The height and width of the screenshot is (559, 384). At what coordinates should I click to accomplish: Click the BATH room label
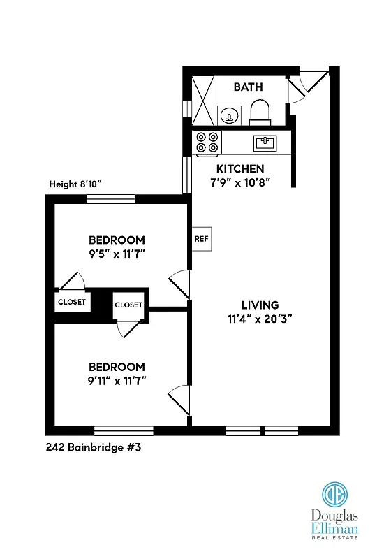tap(248, 87)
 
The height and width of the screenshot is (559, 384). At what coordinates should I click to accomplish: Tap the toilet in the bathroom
tap(259, 111)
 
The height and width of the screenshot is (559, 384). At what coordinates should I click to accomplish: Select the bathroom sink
tap(228, 115)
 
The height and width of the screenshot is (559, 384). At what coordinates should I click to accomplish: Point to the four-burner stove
tap(207, 143)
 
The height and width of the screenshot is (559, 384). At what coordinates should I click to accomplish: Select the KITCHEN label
tap(239, 168)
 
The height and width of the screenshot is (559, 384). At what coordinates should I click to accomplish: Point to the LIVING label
tap(260, 305)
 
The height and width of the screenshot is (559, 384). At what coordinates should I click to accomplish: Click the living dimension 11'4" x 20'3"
tap(260, 319)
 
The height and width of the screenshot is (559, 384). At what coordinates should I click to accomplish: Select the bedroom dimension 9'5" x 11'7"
tap(116, 254)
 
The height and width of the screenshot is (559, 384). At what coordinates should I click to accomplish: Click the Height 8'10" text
tap(75, 184)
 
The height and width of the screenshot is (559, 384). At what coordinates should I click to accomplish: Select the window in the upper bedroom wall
tap(110, 199)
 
